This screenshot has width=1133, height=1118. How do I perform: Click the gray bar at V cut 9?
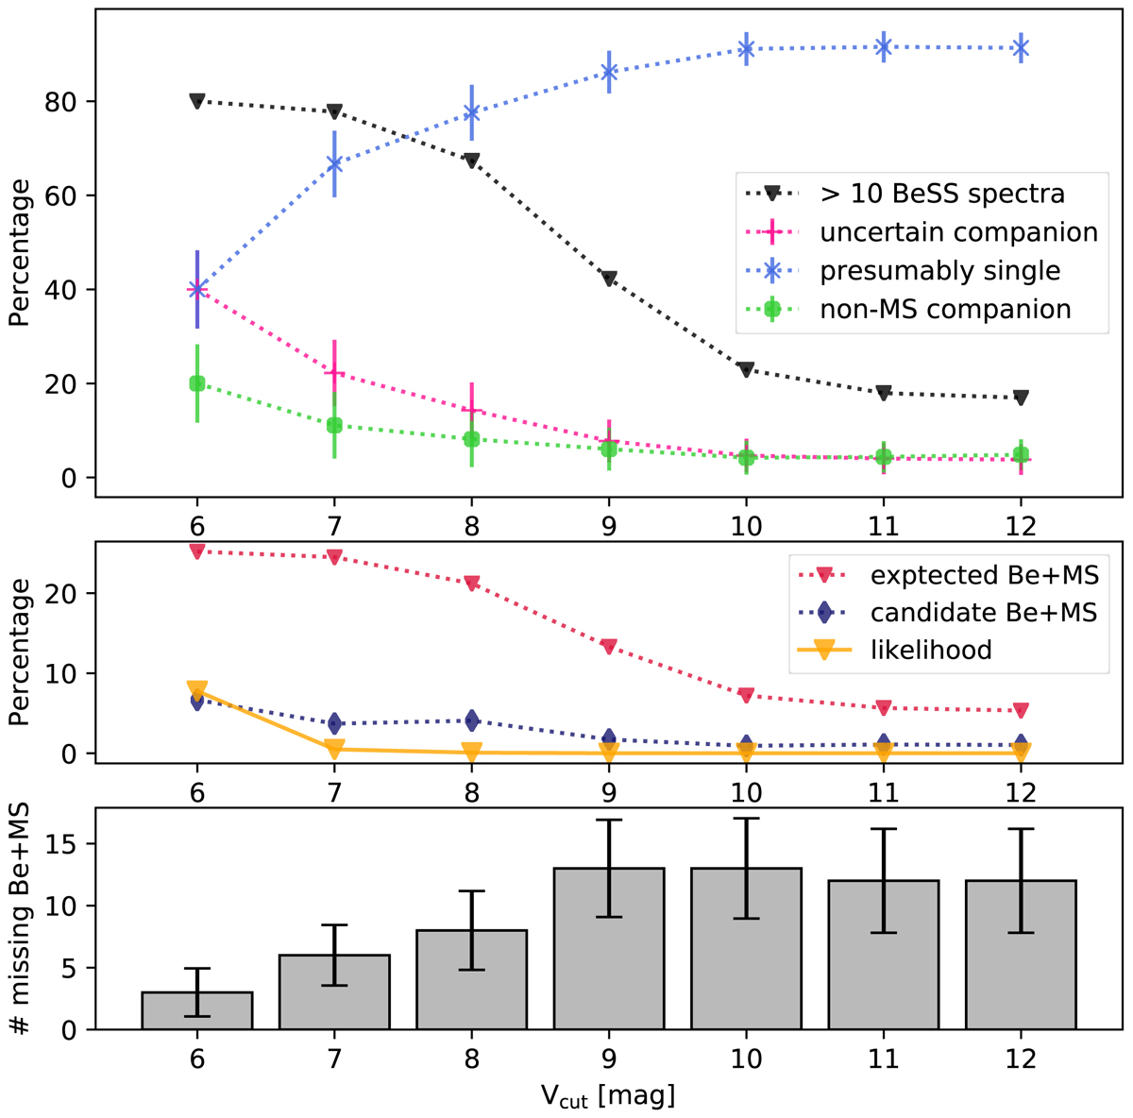click(609, 948)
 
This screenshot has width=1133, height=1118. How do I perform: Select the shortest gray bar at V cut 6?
click(197, 1010)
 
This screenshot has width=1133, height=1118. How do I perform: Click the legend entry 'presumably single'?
click(939, 271)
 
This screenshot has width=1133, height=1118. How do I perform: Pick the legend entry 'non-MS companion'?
click(945, 309)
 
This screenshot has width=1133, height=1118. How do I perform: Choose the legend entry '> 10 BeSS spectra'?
click(941, 195)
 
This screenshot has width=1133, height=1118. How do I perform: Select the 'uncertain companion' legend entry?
click(957, 232)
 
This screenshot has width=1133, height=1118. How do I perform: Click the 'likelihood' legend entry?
click(930, 650)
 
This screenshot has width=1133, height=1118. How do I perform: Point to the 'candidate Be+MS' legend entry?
click(983, 612)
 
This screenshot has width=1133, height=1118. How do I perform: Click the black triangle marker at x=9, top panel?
click(609, 279)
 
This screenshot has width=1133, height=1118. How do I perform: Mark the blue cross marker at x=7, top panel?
click(334, 163)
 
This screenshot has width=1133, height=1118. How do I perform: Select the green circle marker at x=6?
click(197, 383)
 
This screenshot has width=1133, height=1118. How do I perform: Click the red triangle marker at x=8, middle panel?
click(472, 584)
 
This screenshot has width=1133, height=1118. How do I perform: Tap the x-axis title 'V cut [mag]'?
click(607, 1096)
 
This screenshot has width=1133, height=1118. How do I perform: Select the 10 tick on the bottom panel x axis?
click(746, 1059)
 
